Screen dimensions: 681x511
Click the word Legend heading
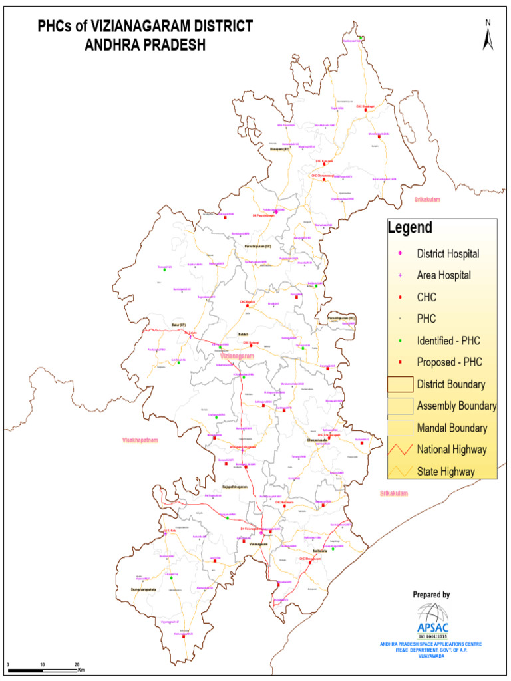click(x=410, y=228)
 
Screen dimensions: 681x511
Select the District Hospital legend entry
click(x=448, y=253)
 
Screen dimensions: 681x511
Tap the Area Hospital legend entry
click(x=444, y=275)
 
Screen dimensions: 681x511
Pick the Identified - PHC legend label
click(x=448, y=340)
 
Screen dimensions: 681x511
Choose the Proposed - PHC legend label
click(x=449, y=362)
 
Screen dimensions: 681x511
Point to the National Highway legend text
click(x=452, y=450)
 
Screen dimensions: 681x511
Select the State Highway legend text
click(x=446, y=472)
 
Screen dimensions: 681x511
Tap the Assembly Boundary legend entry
click(x=456, y=406)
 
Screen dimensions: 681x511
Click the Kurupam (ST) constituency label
click(x=280, y=150)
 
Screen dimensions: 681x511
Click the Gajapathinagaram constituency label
click(x=234, y=487)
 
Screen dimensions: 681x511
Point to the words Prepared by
click(x=431, y=595)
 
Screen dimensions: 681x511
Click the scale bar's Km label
click(x=82, y=670)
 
